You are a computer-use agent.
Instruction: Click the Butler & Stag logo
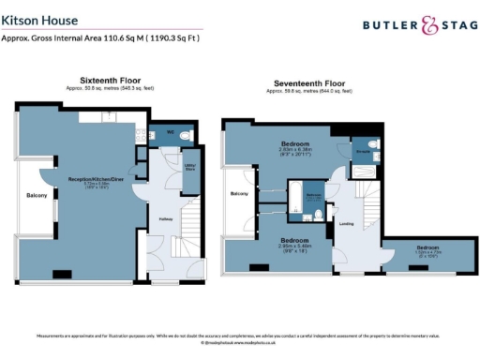tap(412, 26)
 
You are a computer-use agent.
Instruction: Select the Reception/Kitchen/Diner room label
tap(91, 178)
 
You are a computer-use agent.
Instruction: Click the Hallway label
tap(164, 221)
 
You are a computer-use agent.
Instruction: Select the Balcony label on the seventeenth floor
tap(239, 193)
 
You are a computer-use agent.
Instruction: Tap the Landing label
tap(345, 223)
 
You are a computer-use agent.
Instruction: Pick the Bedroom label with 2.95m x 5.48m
tap(295, 240)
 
